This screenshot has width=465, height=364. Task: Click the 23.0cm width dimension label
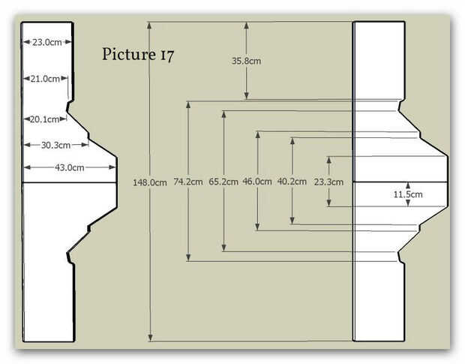point(47,43)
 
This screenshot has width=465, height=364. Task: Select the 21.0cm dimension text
point(45,79)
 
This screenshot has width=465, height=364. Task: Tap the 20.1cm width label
point(44,119)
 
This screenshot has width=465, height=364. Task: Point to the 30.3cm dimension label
point(55,146)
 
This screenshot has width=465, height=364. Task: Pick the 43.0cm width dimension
point(70,168)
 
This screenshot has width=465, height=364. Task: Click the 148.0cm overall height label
point(150,182)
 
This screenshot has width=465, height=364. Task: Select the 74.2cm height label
point(188,182)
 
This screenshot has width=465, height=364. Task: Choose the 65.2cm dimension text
point(223,182)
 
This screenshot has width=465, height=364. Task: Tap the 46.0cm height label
point(257,182)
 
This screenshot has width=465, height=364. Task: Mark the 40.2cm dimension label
point(292,182)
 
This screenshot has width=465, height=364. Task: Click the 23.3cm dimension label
point(328,182)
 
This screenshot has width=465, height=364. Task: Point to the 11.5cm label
point(408,194)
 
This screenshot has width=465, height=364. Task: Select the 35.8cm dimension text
point(247,61)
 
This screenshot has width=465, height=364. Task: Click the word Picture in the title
point(129,54)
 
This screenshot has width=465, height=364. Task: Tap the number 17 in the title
point(167,56)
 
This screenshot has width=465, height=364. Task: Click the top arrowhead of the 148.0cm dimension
point(149,26)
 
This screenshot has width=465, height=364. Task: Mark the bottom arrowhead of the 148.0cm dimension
point(150,338)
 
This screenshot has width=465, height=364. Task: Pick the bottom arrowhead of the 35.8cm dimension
point(247,95)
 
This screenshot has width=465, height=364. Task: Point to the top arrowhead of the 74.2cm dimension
point(188,105)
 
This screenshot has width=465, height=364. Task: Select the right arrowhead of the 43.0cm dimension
point(112,167)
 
